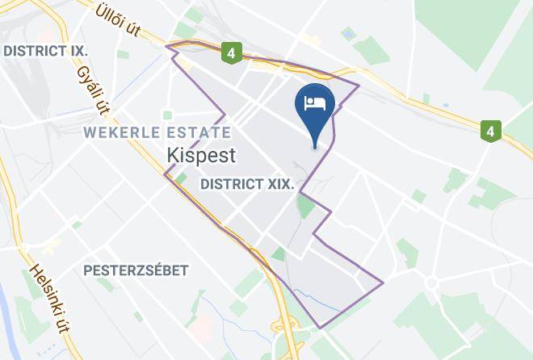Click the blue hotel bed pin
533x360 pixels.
click(x=314, y=110)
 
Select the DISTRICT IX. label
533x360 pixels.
click(x=45, y=51)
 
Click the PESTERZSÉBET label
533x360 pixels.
click(x=136, y=270)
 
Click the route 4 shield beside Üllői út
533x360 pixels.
click(x=233, y=54)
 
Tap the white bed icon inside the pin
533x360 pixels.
click(x=314, y=103)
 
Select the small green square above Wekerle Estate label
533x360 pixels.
click(x=168, y=115)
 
